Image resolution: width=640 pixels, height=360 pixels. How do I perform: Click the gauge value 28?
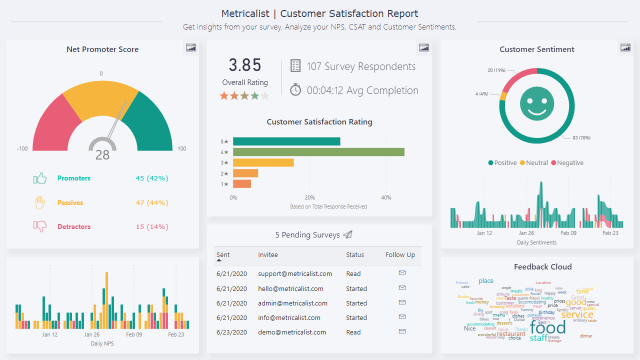102,155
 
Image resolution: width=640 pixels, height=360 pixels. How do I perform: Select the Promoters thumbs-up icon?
41,179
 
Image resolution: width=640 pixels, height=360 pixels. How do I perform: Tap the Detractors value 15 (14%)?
153,226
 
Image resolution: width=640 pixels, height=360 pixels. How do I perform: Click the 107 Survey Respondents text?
361,66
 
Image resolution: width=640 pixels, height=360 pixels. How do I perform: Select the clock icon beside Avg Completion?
296,90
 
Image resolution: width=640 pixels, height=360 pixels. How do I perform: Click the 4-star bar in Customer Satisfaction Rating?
318,152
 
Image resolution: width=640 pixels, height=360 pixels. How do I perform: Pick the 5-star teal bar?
286,141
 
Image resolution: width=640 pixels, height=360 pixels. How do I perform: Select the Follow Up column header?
401,256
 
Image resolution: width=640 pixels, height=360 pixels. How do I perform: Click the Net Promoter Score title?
102,49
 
